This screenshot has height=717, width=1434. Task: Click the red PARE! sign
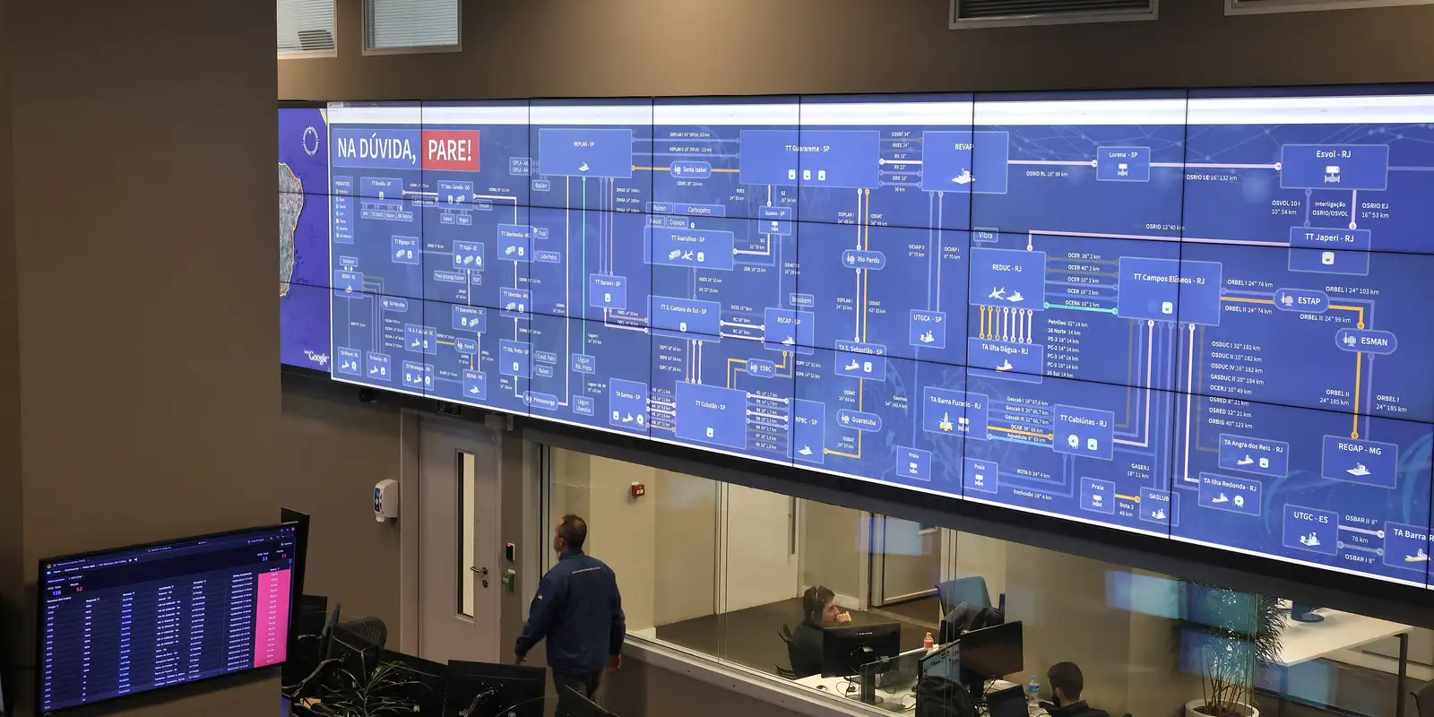pos(449,150)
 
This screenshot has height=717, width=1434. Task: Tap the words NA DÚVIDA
pos(376,149)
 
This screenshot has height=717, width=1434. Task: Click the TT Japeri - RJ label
pos(1328,238)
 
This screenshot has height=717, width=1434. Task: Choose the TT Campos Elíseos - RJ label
pos(1169,279)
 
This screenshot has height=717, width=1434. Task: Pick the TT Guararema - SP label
pos(807,149)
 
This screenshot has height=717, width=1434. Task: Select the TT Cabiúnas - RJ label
pos(1083,420)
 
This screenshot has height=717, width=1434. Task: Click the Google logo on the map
pos(317,358)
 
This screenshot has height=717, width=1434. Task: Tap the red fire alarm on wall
pos(638,489)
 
